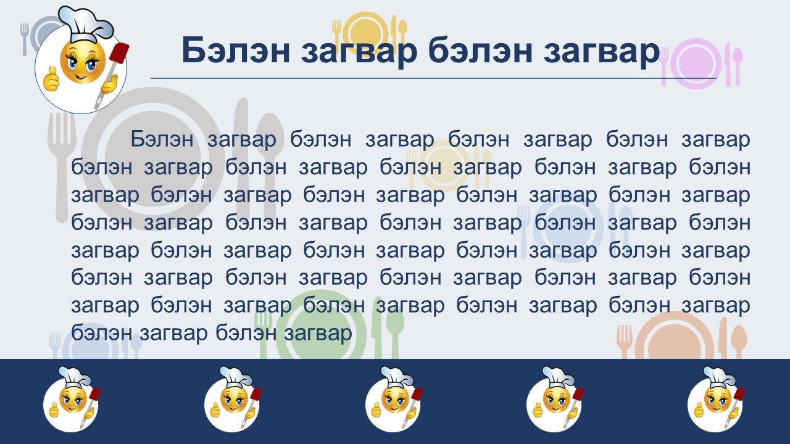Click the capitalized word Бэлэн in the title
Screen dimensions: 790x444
(x=236, y=50)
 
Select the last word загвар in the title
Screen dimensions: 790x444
(x=601, y=53)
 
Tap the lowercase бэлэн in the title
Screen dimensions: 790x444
(x=480, y=50)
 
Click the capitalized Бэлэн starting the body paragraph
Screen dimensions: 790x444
(x=162, y=139)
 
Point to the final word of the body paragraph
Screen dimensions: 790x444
(x=318, y=334)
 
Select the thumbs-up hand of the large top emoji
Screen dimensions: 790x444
(x=51, y=78)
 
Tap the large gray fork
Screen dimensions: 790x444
(x=62, y=166)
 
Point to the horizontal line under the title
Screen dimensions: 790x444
(x=433, y=78)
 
